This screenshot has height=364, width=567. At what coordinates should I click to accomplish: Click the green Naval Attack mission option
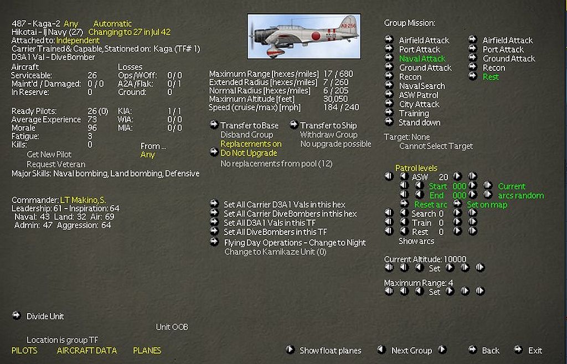[422, 59]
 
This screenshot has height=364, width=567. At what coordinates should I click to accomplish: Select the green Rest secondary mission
[491, 77]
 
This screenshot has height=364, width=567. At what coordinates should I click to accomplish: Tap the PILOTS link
[24, 351]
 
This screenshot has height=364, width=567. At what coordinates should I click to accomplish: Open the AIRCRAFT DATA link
[87, 351]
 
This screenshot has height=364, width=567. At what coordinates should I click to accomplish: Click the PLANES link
[147, 351]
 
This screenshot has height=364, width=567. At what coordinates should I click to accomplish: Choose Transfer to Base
[250, 126]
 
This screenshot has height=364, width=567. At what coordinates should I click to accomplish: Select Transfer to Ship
[328, 126]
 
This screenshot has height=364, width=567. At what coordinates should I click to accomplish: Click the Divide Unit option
[45, 316]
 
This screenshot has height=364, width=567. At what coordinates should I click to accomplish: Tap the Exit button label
[535, 351]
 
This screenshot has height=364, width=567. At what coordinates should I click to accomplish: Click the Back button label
[491, 351]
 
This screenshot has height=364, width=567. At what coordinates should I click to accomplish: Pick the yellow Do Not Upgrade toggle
[249, 153]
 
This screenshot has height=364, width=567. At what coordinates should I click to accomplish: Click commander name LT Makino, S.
[83, 200]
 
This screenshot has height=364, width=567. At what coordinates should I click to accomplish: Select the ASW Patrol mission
[419, 95]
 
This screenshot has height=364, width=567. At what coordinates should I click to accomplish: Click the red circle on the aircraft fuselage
[316, 36]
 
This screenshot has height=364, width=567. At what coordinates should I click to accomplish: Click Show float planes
[330, 351]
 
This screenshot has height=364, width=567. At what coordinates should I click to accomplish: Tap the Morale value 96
[92, 128]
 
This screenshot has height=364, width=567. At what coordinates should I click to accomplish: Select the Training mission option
[414, 113]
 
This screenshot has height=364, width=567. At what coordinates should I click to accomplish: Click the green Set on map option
[487, 205]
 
